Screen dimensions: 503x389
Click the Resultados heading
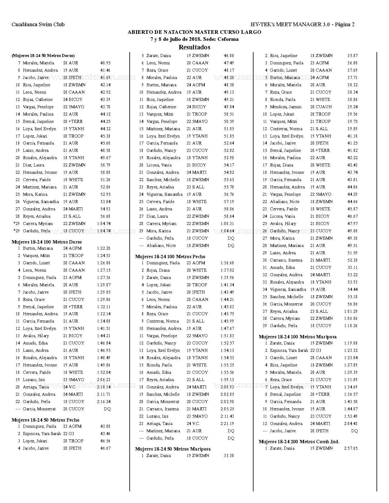(194, 47)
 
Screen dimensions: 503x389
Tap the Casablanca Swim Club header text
(38, 25)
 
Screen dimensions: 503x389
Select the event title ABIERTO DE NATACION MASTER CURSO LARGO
(194, 32)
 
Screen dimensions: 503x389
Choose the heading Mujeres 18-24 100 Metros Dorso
(47, 242)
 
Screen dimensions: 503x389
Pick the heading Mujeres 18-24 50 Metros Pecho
(45, 420)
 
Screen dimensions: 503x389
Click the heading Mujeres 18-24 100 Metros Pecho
(170, 257)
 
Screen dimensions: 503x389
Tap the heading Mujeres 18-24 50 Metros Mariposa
(173, 449)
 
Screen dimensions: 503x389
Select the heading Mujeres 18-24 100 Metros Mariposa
(298, 337)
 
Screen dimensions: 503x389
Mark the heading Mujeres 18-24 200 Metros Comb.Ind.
(299, 442)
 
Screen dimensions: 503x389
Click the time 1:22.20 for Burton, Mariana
(104, 248)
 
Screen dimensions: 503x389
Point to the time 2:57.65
(351, 448)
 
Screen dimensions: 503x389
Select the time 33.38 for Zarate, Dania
(229, 456)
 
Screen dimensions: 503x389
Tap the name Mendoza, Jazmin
(286, 107)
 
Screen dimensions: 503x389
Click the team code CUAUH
(324, 107)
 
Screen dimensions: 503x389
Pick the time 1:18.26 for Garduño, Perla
(351, 326)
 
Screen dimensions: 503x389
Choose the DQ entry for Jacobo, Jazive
(354, 431)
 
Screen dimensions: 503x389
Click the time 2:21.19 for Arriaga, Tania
(227, 424)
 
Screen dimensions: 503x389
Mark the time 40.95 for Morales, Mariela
(105, 63)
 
